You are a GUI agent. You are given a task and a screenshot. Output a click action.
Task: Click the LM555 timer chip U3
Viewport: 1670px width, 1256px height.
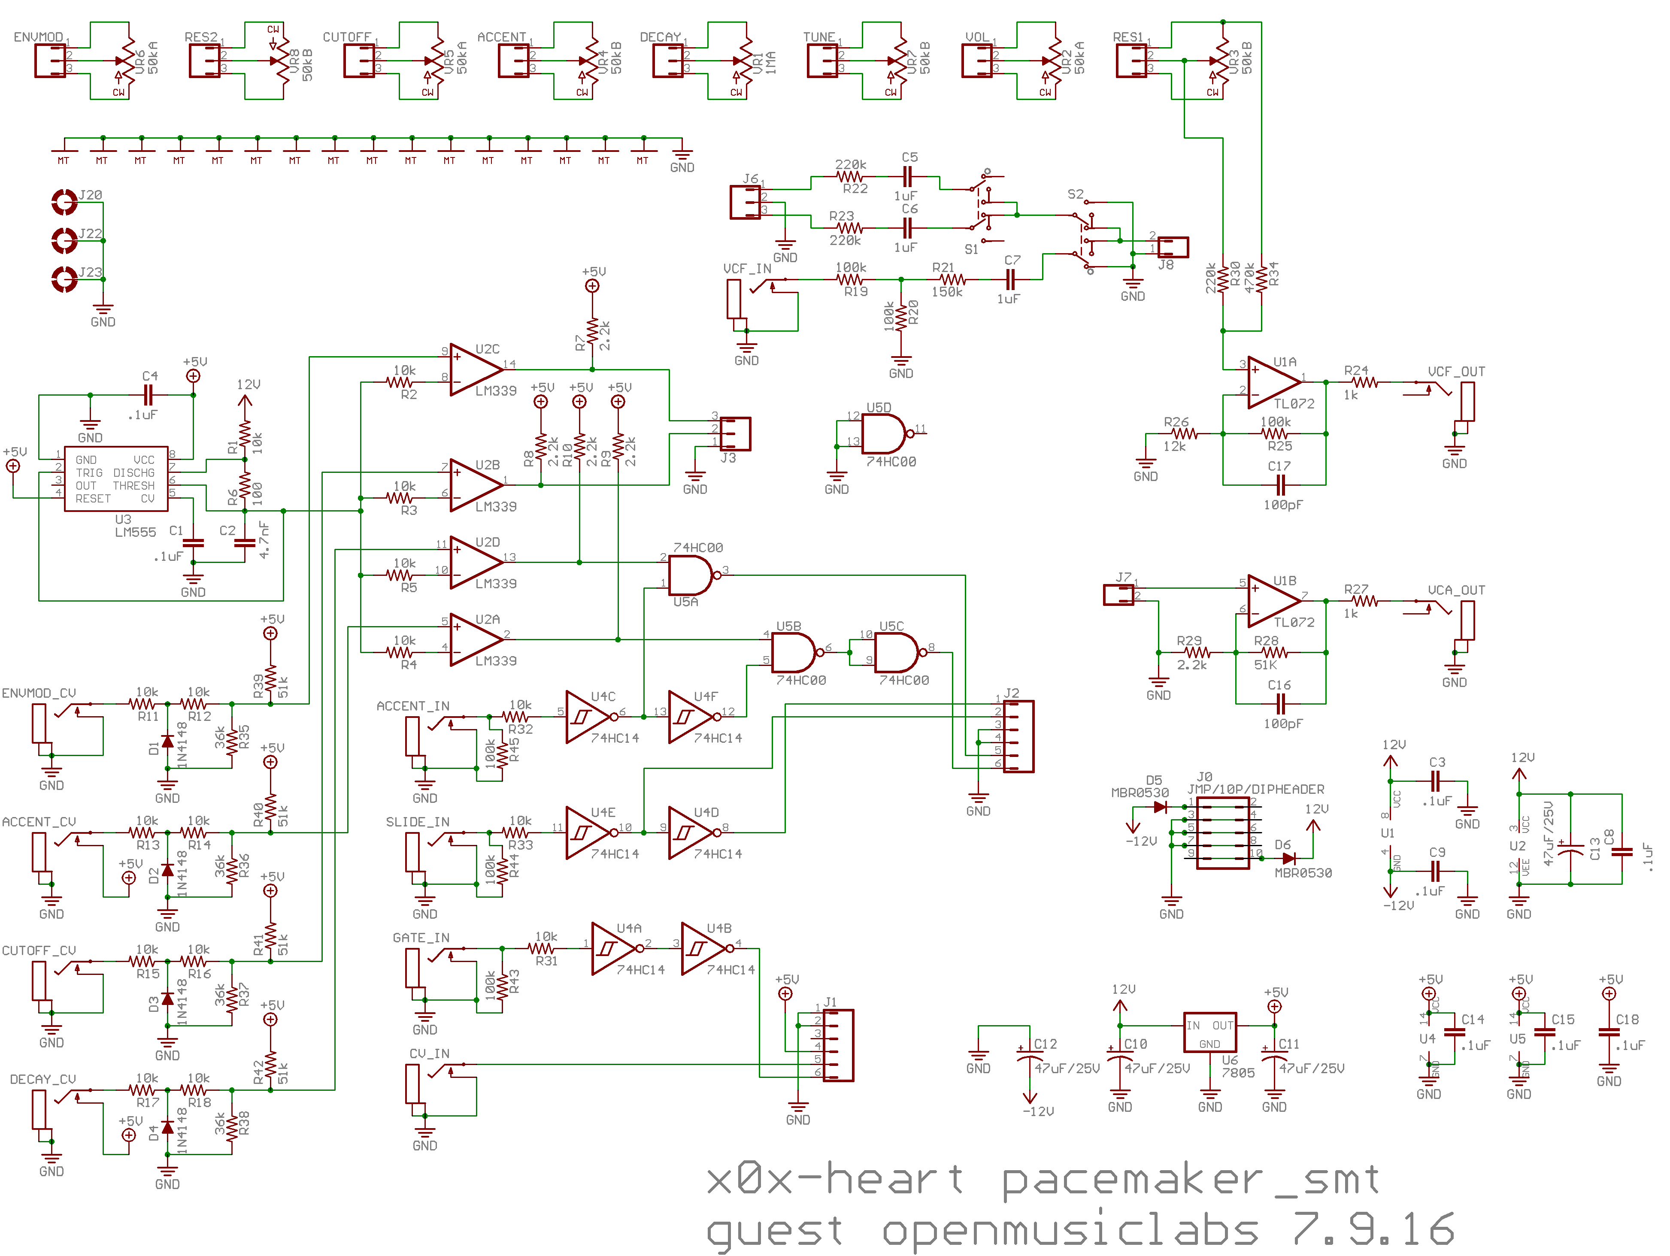115,478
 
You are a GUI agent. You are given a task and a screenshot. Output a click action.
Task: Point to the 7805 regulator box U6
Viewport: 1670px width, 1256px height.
1209,1031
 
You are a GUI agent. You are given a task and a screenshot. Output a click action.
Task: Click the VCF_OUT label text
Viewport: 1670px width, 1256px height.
1455,371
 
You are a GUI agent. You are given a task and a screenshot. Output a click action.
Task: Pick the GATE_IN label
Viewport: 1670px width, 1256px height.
421,938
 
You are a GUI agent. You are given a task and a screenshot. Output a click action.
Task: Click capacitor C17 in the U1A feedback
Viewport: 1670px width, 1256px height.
1279,484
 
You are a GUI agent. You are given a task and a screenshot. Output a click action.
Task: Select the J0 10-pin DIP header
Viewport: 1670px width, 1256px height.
1222,834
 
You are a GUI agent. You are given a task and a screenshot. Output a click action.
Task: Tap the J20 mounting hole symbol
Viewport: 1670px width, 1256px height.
64,202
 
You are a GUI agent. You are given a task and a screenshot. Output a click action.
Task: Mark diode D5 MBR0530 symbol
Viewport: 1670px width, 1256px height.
1160,807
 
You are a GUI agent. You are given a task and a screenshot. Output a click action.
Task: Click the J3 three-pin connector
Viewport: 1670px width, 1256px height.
735,433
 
